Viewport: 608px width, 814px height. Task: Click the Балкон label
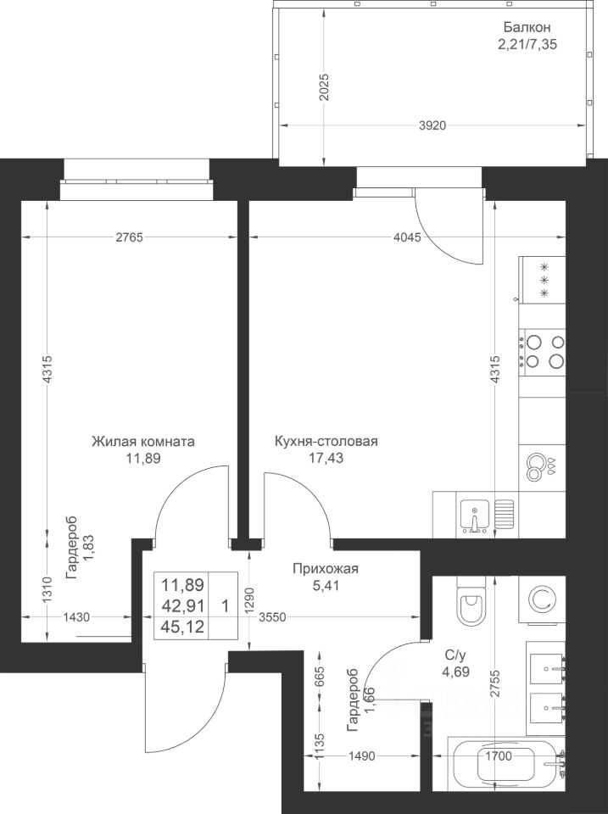(527, 27)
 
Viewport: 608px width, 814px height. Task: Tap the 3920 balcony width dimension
(432, 125)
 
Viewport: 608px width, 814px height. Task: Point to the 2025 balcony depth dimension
(324, 87)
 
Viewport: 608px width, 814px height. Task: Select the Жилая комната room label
(142, 441)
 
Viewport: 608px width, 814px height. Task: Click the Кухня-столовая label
(326, 441)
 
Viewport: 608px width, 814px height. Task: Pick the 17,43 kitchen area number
(326, 458)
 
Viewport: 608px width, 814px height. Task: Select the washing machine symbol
(543, 599)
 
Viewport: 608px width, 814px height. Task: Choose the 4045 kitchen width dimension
(407, 237)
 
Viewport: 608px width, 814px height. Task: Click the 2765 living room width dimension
(129, 237)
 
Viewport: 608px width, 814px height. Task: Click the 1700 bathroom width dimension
(499, 755)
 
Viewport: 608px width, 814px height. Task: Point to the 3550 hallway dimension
(272, 617)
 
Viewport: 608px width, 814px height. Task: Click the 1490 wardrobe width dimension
(361, 755)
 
